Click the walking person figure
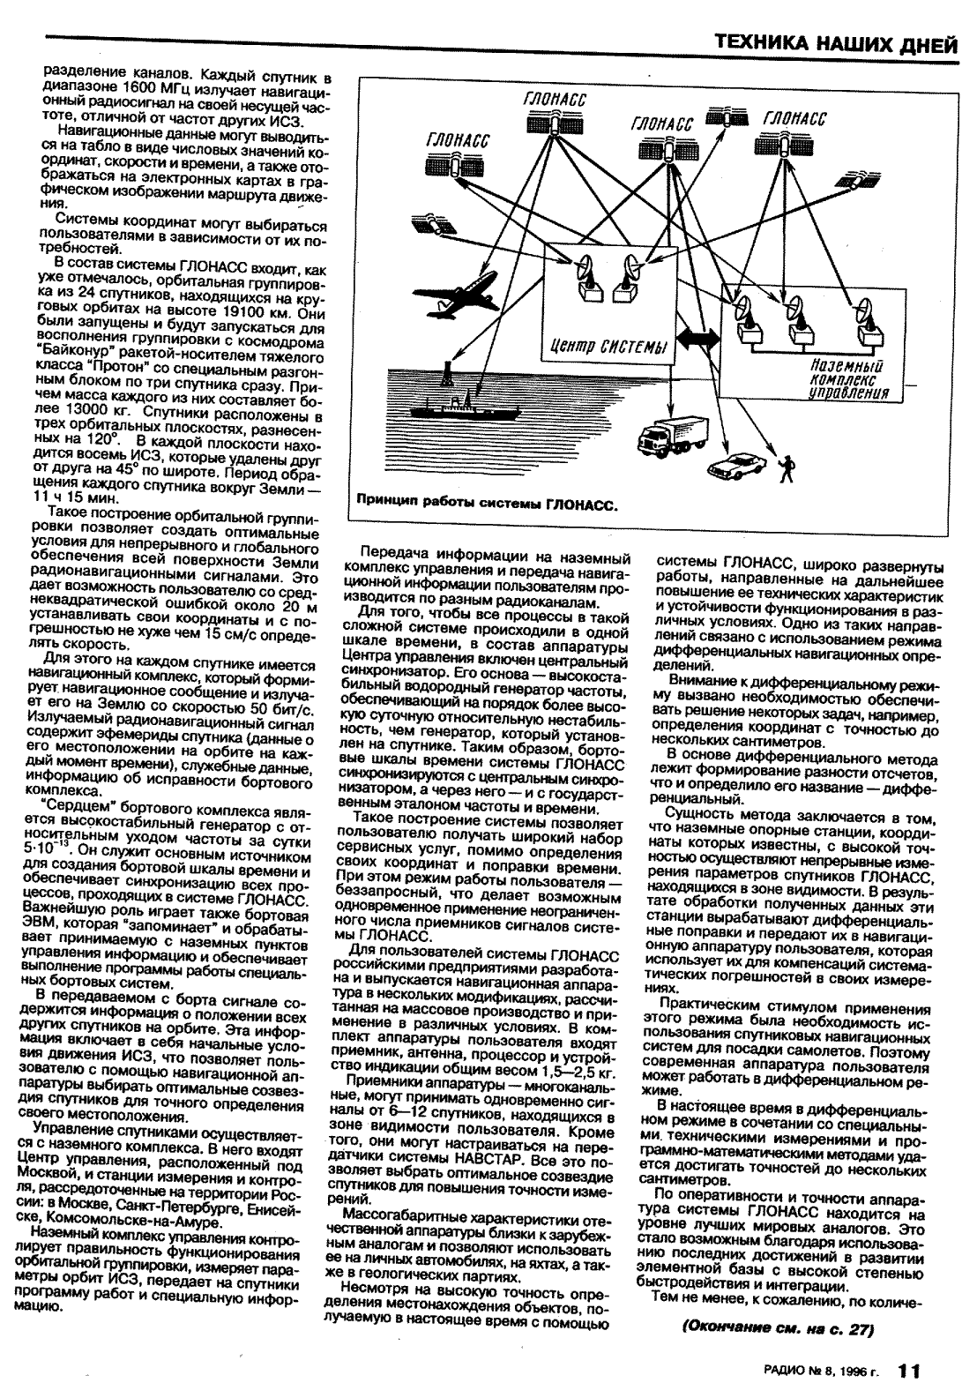[x=787, y=467]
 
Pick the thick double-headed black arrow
[x=697, y=345]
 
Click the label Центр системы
[x=607, y=344]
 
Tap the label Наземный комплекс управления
[x=846, y=378]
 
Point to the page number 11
[x=909, y=1371]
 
